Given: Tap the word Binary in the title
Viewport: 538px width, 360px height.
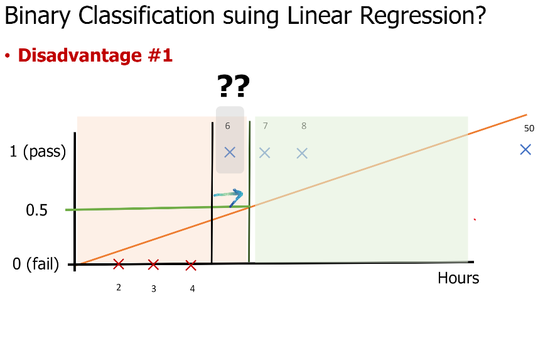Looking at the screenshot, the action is coord(38,16).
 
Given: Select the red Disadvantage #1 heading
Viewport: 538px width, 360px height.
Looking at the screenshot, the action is coord(95,55).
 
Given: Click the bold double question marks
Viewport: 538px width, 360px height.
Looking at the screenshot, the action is coord(234,86).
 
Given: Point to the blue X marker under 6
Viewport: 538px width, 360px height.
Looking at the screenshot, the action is coord(230,152).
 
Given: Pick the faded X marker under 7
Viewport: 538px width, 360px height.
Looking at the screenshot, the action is coord(264,153).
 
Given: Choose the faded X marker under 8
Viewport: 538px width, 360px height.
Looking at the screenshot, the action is coord(302,153).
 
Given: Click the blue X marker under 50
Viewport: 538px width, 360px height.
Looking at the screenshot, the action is coord(525,150).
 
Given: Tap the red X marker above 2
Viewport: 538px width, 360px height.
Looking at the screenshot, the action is coord(119,264).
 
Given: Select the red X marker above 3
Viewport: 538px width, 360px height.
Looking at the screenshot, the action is coord(153,265).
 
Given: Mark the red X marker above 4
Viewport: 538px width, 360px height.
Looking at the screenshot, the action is coord(191,266).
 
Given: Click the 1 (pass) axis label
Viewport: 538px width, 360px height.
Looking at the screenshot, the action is coord(38,152).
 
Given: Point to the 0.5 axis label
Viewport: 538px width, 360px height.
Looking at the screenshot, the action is coord(36,210).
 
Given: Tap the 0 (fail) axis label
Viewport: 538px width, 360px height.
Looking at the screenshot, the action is coord(36,265).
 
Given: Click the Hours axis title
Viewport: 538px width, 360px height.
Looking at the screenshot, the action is coord(458,278).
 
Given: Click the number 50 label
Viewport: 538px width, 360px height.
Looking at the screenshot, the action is coord(529,128).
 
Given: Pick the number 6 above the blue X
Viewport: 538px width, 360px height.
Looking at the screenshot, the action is coord(227,126).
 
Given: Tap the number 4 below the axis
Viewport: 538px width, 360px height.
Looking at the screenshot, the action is coord(193,289).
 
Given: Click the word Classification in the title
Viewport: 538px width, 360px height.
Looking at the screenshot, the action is coord(146,16).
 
